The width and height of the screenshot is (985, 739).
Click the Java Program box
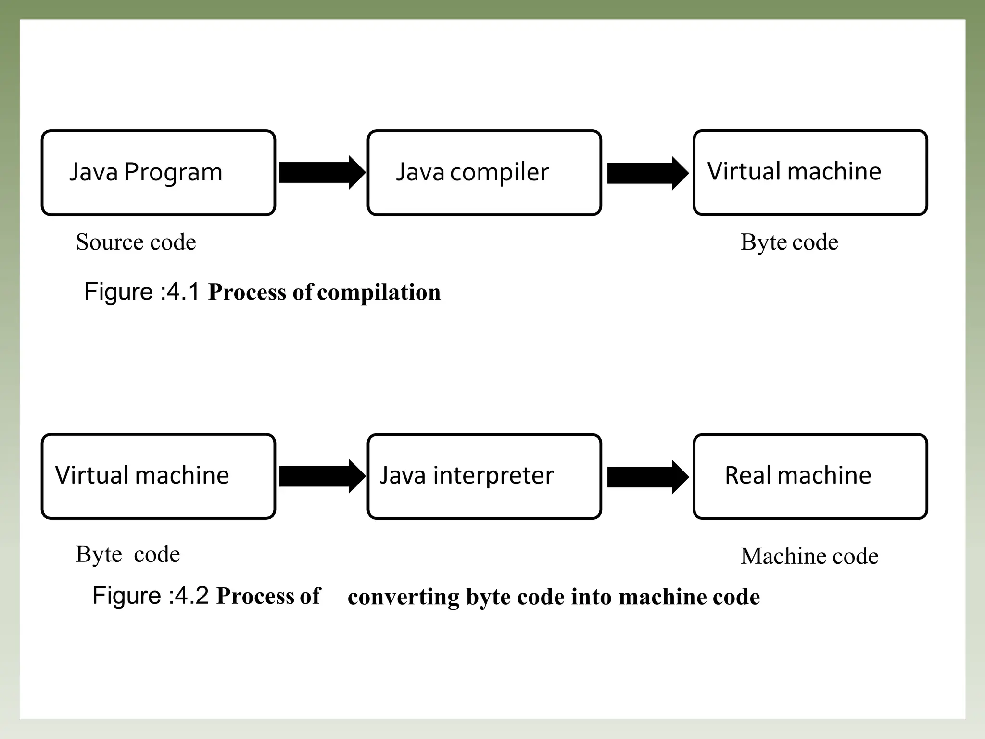(x=158, y=173)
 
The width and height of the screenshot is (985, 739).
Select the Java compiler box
(x=484, y=173)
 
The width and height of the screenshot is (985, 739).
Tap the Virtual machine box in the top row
(x=810, y=172)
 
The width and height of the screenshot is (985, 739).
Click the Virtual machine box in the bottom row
(x=158, y=476)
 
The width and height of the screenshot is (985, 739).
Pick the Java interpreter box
(x=484, y=476)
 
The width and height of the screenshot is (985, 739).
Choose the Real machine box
(x=810, y=476)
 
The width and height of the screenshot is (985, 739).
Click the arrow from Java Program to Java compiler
(x=321, y=173)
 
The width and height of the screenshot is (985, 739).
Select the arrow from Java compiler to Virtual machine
(x=647, y=173)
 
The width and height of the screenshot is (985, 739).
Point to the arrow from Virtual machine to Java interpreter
(x=321, y=476)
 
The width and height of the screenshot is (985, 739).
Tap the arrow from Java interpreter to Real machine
(x=647, y=477)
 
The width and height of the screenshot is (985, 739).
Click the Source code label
(x=136, y=242)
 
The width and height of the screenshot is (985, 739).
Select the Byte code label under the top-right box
(x=789, y=242)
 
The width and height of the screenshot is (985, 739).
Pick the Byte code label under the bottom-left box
(x=127, y=554)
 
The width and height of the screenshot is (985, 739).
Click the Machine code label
(x=809, y=556)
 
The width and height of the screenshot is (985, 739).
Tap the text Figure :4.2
(x=150, y=596)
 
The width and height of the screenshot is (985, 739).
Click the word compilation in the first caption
(x=379, y=293)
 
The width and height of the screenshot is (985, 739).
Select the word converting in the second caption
(x=404, y=597)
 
